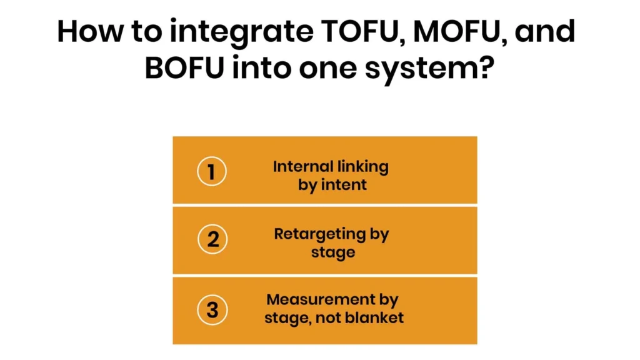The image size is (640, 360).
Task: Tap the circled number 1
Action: (x=212, y=171)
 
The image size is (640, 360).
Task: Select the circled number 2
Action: (x=212, y=239)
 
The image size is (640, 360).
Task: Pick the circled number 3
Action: (x=212, y=309)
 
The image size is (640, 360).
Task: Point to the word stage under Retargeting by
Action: (x=332, y=253)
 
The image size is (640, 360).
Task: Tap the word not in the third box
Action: (x=329, y=317)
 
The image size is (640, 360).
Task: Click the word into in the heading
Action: (x=261, y=67)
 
